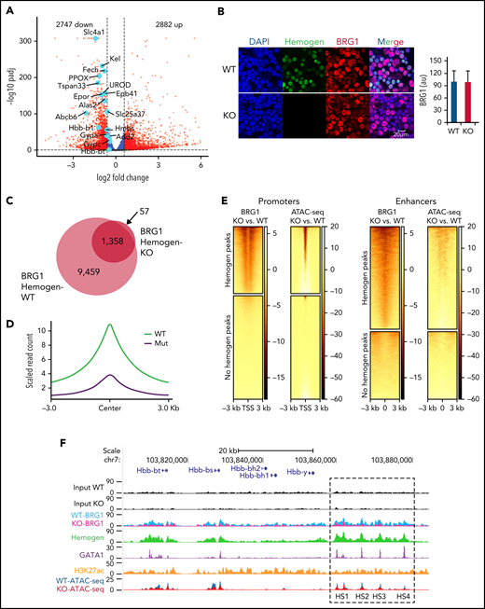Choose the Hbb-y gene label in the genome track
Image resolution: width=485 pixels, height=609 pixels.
(x=295, y=473)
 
